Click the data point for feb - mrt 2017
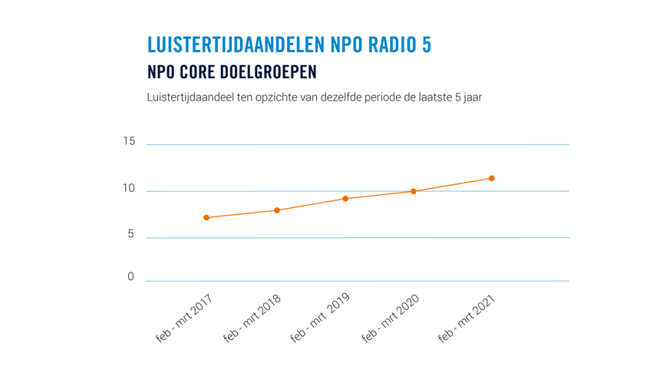(206, 218)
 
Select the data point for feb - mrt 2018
(276, 210)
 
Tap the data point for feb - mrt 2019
(345, 199)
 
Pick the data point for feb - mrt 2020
(414, 191)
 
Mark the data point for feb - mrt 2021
(492, 179)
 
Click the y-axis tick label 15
(128, 141)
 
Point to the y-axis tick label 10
(128, 189)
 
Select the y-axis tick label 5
(130, 235)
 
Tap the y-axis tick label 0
(130, 277)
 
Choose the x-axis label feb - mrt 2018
(252, 319)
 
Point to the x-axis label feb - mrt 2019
(321, 319)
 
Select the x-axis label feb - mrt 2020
(391, 319)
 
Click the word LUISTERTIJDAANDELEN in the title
(236, 45)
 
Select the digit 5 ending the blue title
(426, 45)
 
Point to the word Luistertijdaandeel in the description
(186, 98)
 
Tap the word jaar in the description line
(471, 98)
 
